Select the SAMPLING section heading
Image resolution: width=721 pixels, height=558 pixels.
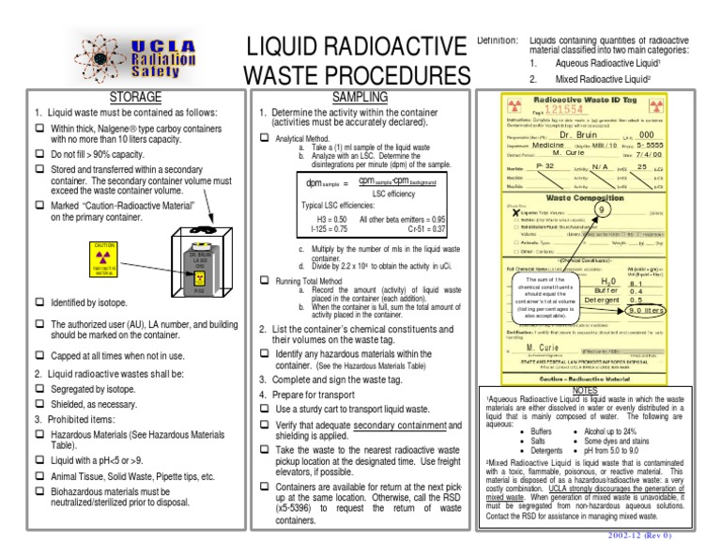tap(360, 97)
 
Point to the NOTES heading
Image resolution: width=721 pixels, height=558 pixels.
tap(584, 389)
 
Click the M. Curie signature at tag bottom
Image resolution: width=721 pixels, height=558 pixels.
tap(536, 345)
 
